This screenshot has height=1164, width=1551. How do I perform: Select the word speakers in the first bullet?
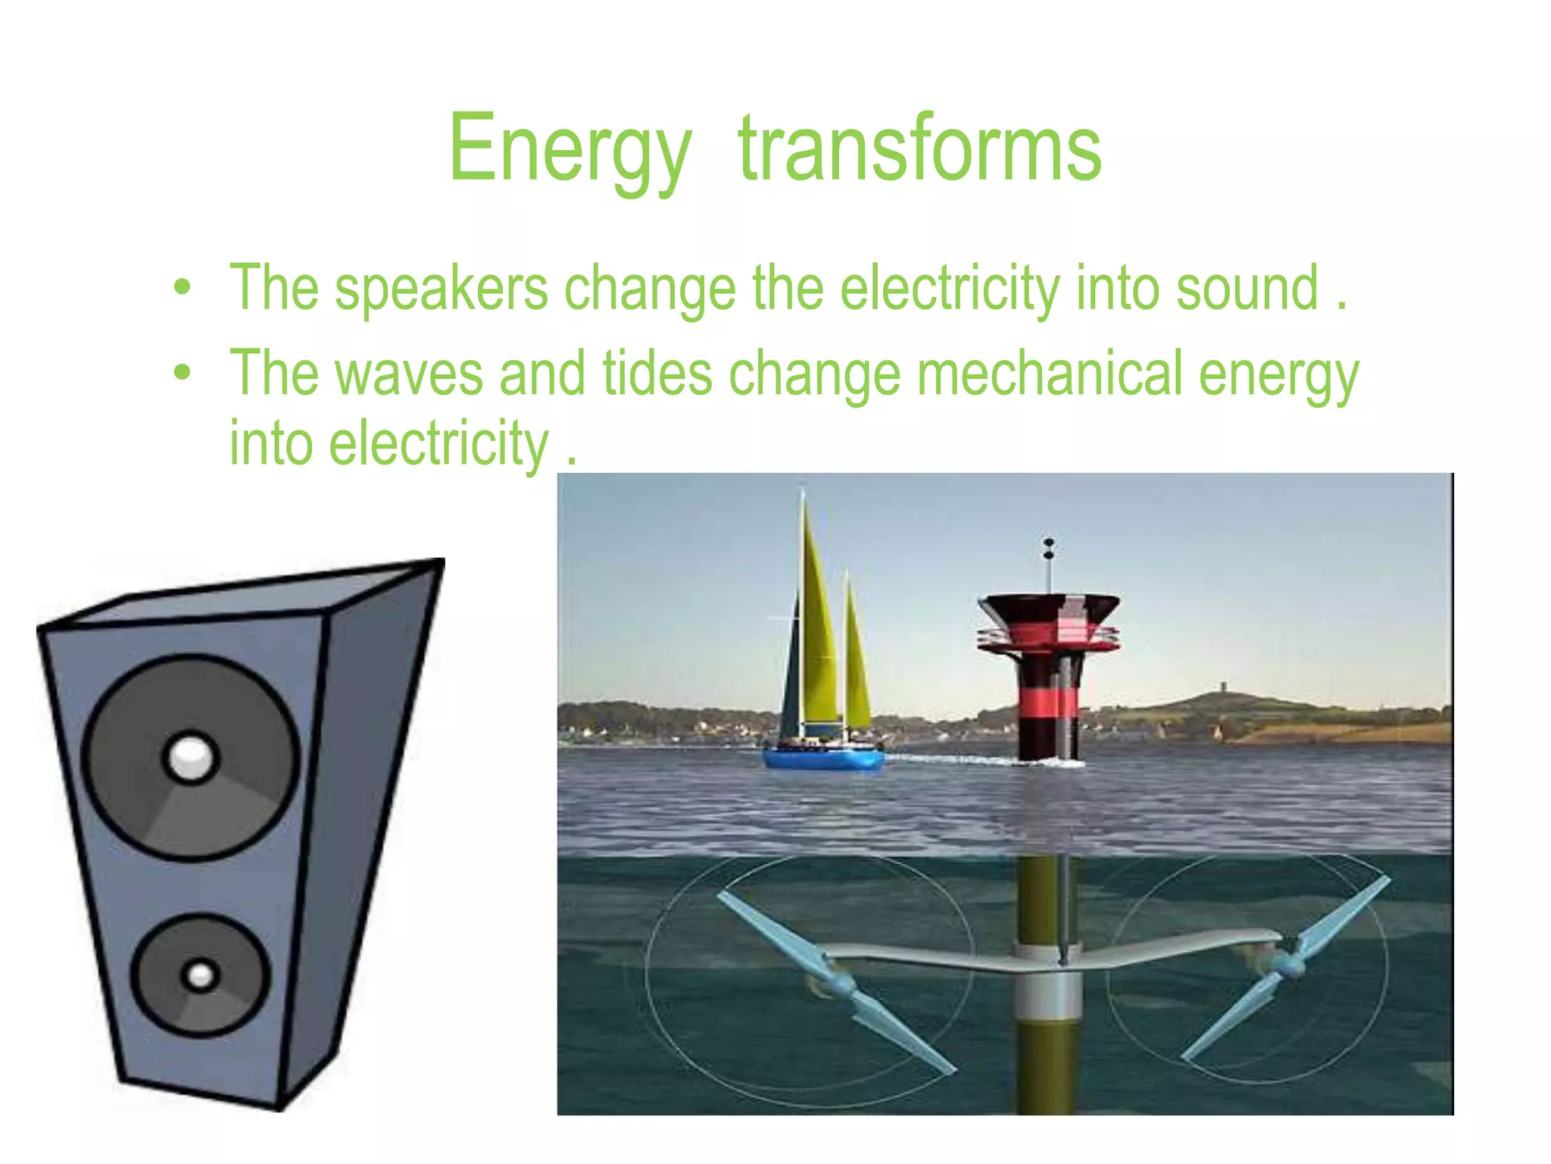point(441,289)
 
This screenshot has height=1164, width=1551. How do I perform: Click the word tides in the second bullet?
point(657,374)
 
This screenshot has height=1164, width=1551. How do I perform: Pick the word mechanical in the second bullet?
point(1050,374)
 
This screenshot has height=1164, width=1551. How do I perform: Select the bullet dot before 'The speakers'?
point(182,288)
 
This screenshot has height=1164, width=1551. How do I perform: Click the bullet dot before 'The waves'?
point(182,373)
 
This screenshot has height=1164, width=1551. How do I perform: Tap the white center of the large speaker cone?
point(191,756)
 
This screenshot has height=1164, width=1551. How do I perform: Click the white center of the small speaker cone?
point(200,975)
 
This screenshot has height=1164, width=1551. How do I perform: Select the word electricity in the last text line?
point(439,444)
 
